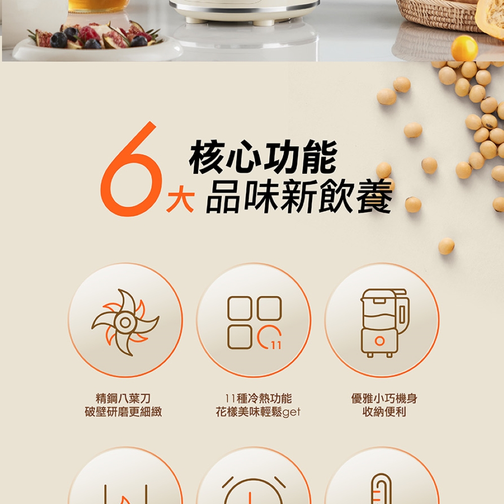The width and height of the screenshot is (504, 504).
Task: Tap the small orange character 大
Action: [x=180, y=200]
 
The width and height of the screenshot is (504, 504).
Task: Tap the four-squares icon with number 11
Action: [x=254, y=323]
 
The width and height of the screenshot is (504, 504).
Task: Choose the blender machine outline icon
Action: [x=383, y=323]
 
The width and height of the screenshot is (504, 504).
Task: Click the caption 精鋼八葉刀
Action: [x=123, y=399]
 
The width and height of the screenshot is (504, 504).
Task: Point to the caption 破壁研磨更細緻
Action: [x=123, y=412]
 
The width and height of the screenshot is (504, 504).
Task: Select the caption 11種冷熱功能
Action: [x=258, y=399]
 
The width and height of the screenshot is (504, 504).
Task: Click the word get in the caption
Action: [x=291, y=412]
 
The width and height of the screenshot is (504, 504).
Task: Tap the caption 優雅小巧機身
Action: [x=384, y=399]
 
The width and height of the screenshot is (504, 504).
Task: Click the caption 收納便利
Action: [x=384, y=412]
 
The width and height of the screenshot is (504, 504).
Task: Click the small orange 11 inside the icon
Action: [x=276, y=345]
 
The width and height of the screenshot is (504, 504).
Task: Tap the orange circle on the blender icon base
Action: [x=380, y=341]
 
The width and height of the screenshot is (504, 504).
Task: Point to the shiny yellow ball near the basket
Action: [x=464, y=48]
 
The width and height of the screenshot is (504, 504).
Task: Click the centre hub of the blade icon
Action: [x=124, y=322]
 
